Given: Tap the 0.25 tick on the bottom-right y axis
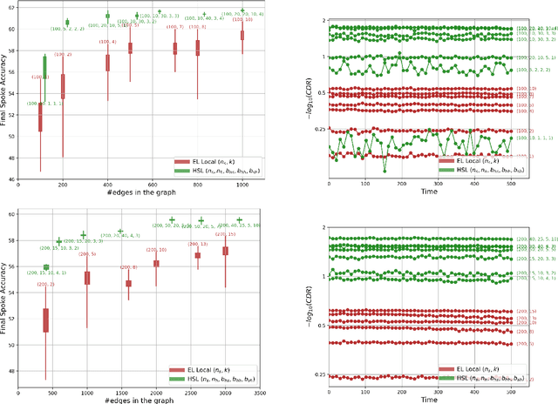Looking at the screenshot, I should [315, 375].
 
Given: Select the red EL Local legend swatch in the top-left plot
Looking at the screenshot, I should [181, 161].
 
